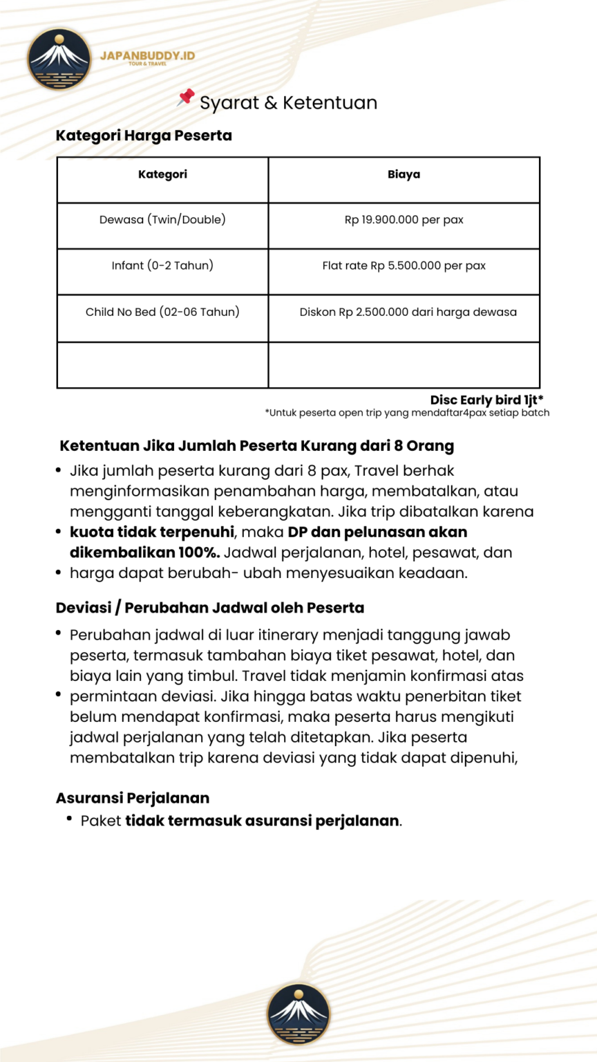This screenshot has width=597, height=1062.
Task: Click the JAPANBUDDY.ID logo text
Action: click(147, 56)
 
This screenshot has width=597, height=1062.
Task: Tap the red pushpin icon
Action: click(185, 98)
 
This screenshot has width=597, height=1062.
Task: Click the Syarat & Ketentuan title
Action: click(288, 103)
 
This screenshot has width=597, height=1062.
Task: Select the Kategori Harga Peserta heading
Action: click(144, 136)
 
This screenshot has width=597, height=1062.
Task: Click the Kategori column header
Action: click(162, 174)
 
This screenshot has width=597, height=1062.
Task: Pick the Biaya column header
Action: click(404, 174)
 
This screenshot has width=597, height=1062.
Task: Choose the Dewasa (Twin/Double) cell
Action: click(162, 220)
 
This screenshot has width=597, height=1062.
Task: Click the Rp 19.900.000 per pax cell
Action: click(404, 220)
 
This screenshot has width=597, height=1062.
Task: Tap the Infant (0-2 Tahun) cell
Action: click(162, 265)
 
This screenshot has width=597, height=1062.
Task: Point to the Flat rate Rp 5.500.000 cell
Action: click(404, 265)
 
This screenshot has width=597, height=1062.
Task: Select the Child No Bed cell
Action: click(162, 312)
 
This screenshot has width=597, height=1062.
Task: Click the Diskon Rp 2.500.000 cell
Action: click(408, 312)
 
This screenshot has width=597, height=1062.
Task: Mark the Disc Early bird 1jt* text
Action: click(486, 400)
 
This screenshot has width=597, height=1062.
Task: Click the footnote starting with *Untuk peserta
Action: click(407, 413)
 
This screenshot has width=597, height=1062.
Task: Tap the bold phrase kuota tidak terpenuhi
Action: click(152, 532)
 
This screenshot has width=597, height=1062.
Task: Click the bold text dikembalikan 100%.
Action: click(144, 552)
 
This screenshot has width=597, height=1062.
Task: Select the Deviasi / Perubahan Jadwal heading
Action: click(210, 608)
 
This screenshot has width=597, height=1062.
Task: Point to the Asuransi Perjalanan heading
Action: click(133, 798)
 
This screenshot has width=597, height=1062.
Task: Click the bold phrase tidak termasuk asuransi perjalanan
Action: click(263, 821)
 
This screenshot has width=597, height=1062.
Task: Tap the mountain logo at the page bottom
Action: click(298, 1014)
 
